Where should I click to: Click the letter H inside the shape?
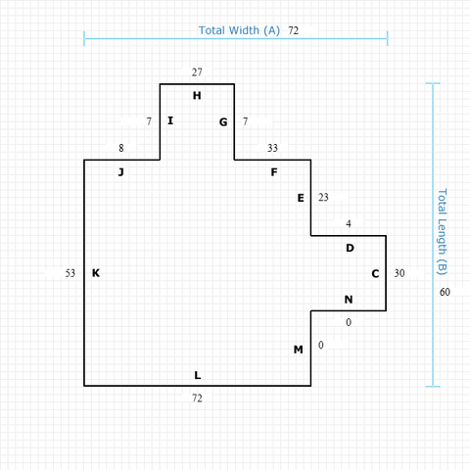click(197, 96)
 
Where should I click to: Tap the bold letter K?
click(96, 273)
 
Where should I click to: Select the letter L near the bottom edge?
click(198, 375)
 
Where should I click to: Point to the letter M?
click(299, 350)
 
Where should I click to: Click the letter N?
click(349, 300)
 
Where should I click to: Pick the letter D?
click(350, 248)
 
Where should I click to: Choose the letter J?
click(121, 172)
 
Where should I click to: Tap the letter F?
click(274, 172)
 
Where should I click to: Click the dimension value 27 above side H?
click(197, 72)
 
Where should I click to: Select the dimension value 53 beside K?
click(70, 273)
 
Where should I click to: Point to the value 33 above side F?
click(272, 148)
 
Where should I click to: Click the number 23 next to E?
click(323, 197)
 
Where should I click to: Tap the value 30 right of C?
click(399, 273)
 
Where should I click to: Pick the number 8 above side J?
click(121, 148)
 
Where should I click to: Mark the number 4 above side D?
click(349, 223)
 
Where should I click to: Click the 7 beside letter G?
click(245, 121)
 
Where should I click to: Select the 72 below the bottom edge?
click(197, 399)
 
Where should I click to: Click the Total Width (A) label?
click(239, 30)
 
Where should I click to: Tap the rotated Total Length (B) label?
click(442, 232)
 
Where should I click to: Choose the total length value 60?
click(445, 292)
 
